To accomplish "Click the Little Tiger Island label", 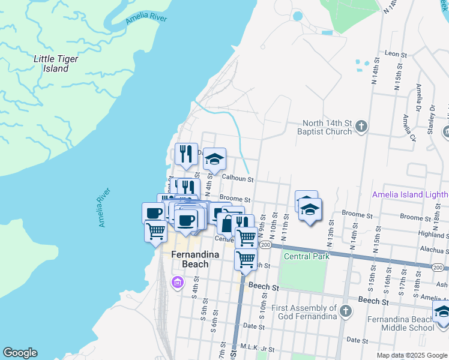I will click(51, 64).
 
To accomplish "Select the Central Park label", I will click(307, 256).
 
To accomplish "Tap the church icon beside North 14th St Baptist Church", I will click(361, 127).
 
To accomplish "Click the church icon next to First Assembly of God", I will click(345, 310).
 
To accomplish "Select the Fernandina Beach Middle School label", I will click(400, 323).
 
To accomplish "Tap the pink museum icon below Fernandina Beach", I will click(177, 282).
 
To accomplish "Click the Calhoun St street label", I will click(238, 179).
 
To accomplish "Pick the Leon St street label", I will click(396, 54).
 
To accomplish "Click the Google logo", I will click(20, 353).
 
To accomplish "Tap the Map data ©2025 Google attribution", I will click(411, 355).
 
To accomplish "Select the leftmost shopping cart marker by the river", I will click(156, 230).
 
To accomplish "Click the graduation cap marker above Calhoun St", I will click(214, 159).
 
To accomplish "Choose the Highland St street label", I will click(433, 235).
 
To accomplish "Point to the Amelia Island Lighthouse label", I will click(410, 194).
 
